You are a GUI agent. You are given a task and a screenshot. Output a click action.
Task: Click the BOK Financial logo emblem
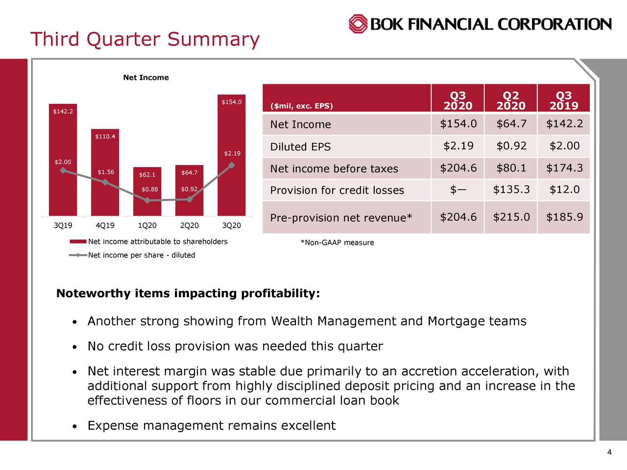pyautogui.click(x=358, y=23)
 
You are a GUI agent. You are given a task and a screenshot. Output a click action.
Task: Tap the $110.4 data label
pyautogui.click(x=105, y=136)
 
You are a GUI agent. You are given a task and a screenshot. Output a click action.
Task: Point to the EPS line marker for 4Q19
pyautogui.click(x=105, y=182)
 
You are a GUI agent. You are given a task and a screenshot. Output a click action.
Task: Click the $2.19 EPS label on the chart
pyautogui.click(x=232, y=154)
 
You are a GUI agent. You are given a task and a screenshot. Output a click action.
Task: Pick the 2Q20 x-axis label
pyautogui.click(x=189, y=226)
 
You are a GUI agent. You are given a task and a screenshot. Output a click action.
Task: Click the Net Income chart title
pyautogui.click(x=146, y=77)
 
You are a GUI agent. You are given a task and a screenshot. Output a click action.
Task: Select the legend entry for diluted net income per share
pyautogui.click(x=141, y=255)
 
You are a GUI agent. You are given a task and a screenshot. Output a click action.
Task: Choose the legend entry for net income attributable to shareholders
pyautogui.click(x=157, y=241)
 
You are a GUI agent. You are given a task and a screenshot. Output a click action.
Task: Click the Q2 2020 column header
pyautogui.click(x=510, y=100)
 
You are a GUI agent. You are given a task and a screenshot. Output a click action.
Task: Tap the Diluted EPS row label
pyautogui.click(x=300, y=147)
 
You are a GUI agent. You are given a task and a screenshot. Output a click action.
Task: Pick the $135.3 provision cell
pyautogui.click(x=511, y=190)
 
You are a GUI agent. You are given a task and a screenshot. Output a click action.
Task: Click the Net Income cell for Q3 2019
pyautogui.click(x=564, y=124)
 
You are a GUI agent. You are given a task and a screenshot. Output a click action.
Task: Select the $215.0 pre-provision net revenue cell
pyautogui.click(x=511, y=217)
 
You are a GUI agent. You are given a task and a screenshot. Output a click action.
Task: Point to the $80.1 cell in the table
pyautogui.click(x=511, y=168)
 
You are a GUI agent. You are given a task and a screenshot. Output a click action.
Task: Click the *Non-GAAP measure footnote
pyautogui.click(x=337, y=243)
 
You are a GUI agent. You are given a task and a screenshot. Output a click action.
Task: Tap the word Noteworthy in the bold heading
pyautogui.click(x=93, y=294)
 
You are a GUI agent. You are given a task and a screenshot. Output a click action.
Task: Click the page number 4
pyautogui.click(x=609, y=452)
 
